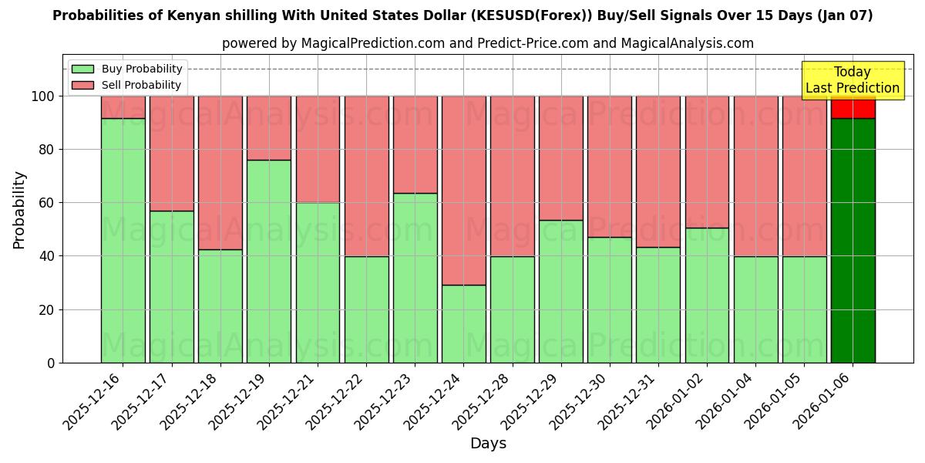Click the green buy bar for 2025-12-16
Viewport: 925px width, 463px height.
tap(123, 240)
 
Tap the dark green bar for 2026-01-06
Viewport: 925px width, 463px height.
tap(853, 240)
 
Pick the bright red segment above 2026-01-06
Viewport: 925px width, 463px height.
tap(853, 107)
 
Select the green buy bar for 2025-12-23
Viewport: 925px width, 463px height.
tap(415, 278)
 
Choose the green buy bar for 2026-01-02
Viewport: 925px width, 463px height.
tap(707, 295)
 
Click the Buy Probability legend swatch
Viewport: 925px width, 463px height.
tap(82, 69)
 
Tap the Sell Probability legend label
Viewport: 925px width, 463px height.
tap(141, 85)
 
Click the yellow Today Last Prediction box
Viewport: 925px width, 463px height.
tap(852, 80)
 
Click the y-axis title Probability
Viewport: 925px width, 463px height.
tap(19, 210)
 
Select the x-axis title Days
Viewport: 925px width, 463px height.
tap(488, 444)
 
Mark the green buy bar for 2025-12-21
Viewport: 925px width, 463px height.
tap(318, 282)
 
